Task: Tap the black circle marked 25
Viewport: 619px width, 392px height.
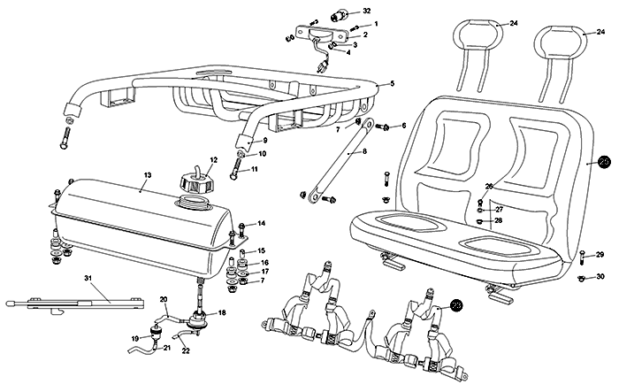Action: click(604, 162)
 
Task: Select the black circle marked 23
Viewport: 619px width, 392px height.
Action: click(456, 305)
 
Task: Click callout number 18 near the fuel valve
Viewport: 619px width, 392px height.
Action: click(222, 313)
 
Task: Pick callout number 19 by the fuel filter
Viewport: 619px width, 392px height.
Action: click(134, 338)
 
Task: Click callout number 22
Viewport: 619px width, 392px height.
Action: click(186, 351)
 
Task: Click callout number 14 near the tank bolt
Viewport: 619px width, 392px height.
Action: click(262, 223)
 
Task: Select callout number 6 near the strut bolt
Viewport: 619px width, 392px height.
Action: click(403, 126)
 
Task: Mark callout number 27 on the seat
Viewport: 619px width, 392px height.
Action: click(499, 208)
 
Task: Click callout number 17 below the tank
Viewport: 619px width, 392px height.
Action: click(264, 272)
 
